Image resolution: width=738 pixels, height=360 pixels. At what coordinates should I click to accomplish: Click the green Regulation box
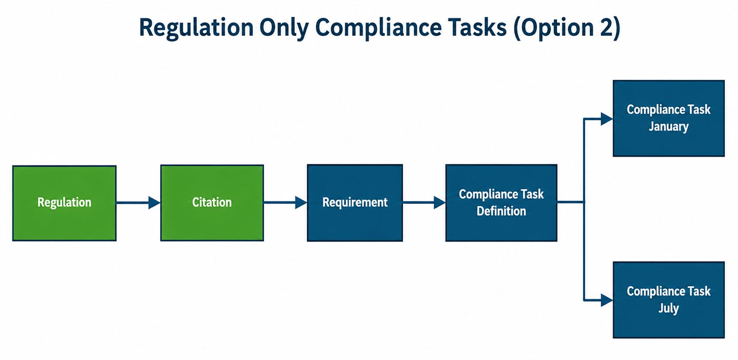tap(65, 203)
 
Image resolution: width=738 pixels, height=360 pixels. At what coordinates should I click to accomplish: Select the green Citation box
tap(212, 203)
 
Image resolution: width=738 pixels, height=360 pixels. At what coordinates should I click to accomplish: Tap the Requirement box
tap(355, 203)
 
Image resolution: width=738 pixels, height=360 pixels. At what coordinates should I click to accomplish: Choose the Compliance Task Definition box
tap(501, 203)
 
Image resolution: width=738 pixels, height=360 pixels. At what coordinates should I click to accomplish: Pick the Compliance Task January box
tap(669, 118)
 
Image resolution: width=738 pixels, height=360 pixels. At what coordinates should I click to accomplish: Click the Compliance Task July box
tap(669, 300)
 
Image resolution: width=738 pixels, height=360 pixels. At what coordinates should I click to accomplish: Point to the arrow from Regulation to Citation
tap(138, 203)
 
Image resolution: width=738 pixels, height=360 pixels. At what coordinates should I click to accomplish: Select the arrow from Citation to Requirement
tap(286, 203)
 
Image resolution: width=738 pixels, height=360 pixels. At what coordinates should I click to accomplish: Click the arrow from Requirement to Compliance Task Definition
tap(424, 203)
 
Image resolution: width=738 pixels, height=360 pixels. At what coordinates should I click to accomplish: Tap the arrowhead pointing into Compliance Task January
tap(607, 119)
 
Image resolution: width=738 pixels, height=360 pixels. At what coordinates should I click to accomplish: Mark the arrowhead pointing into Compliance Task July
tap(607, 300)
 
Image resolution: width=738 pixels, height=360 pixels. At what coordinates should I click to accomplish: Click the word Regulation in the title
tap(196, 28)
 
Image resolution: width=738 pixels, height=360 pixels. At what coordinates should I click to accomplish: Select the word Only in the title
tap(284, 28)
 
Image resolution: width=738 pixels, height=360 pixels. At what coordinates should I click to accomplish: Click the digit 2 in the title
tap(607, 27)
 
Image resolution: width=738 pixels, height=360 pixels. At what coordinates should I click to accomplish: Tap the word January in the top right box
tap(669, 127)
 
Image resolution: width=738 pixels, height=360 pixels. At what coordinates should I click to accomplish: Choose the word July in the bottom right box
tap(669, 308)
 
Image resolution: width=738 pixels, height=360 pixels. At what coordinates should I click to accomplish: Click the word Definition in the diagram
tap(501, 211)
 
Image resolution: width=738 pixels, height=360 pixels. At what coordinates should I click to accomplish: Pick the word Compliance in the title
tap(378, 28)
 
